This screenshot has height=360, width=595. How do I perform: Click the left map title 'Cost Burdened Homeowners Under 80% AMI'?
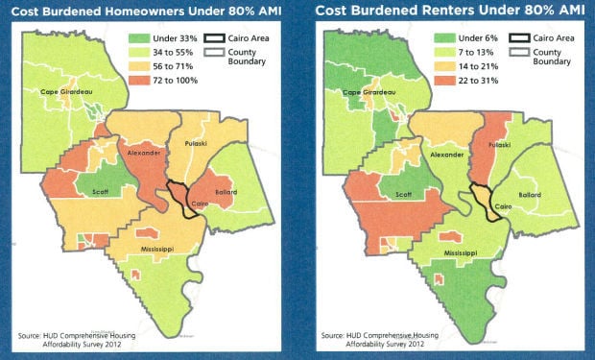click(x=145, y=11)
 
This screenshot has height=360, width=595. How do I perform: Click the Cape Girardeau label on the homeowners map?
click(x=67, y=92)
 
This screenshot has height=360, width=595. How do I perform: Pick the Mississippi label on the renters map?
click(x=443, y=254)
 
